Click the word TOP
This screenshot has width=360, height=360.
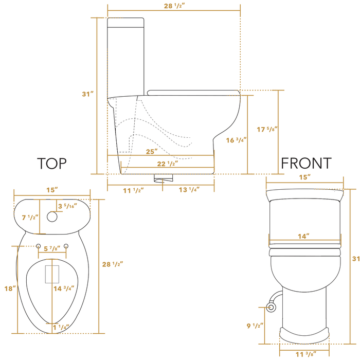coord(52,164)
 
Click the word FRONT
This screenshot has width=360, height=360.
coord(306,164)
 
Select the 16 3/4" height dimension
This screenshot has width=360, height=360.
coord(236,139)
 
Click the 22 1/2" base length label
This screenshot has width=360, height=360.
coord(169,164)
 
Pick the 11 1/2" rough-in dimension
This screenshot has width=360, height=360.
coord(133,190)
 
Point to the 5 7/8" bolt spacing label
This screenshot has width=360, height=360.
coord(52,249)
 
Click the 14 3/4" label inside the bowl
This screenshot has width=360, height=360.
coord(64,289)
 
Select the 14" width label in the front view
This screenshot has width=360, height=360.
coord(304,236)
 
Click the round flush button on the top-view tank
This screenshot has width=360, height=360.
coord(52,216)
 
